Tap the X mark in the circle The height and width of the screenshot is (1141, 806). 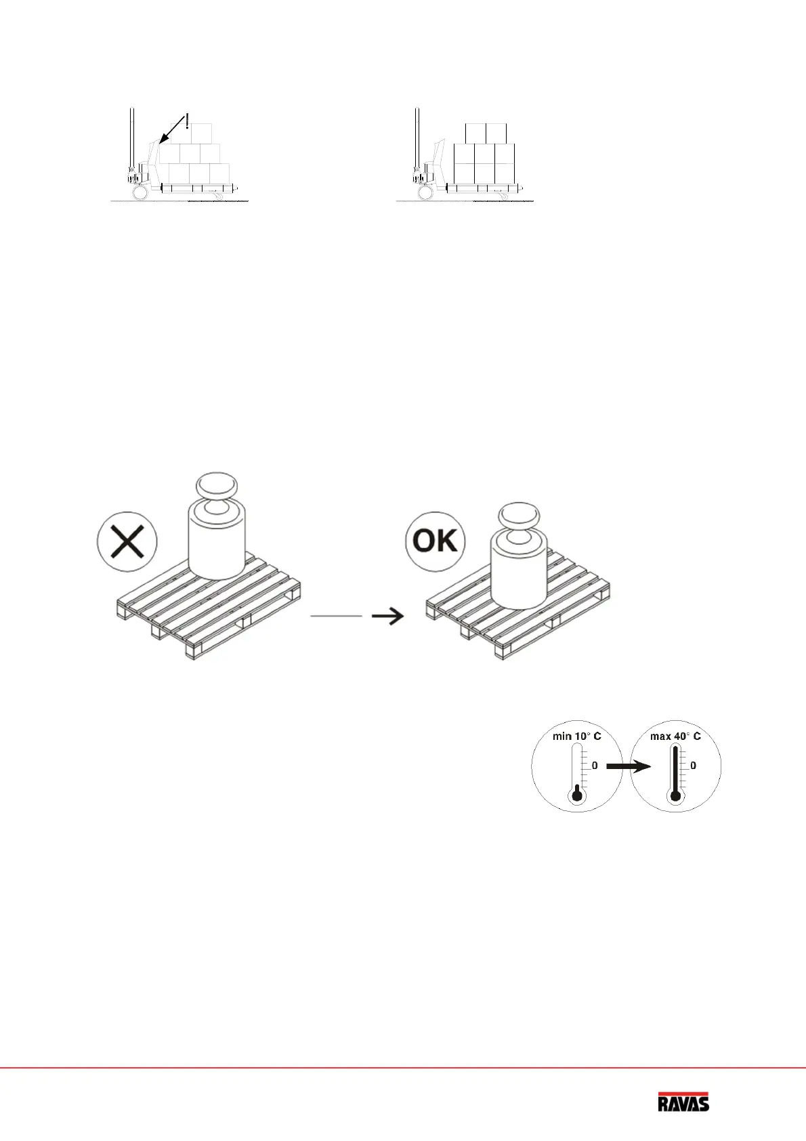(127, 542)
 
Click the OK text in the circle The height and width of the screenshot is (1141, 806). (436, 541)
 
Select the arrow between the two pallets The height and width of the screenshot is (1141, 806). (388, 616)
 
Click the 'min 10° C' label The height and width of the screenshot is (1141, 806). (576, 736)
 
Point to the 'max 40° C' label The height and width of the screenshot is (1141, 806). (675, 736)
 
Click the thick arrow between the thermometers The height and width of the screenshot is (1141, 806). (627, 766)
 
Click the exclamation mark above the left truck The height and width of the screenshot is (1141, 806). (187, 121)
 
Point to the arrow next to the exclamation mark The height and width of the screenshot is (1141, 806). (172, 130)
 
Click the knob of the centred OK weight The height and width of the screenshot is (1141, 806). (519, 516)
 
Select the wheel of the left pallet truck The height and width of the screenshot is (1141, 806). (140, 193)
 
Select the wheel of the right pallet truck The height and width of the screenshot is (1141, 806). (425, 193)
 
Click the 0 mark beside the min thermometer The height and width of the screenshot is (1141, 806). (595, 766)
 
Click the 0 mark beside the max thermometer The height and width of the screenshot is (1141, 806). (693, 766)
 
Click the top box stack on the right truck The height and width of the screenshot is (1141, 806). (486, 133)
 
